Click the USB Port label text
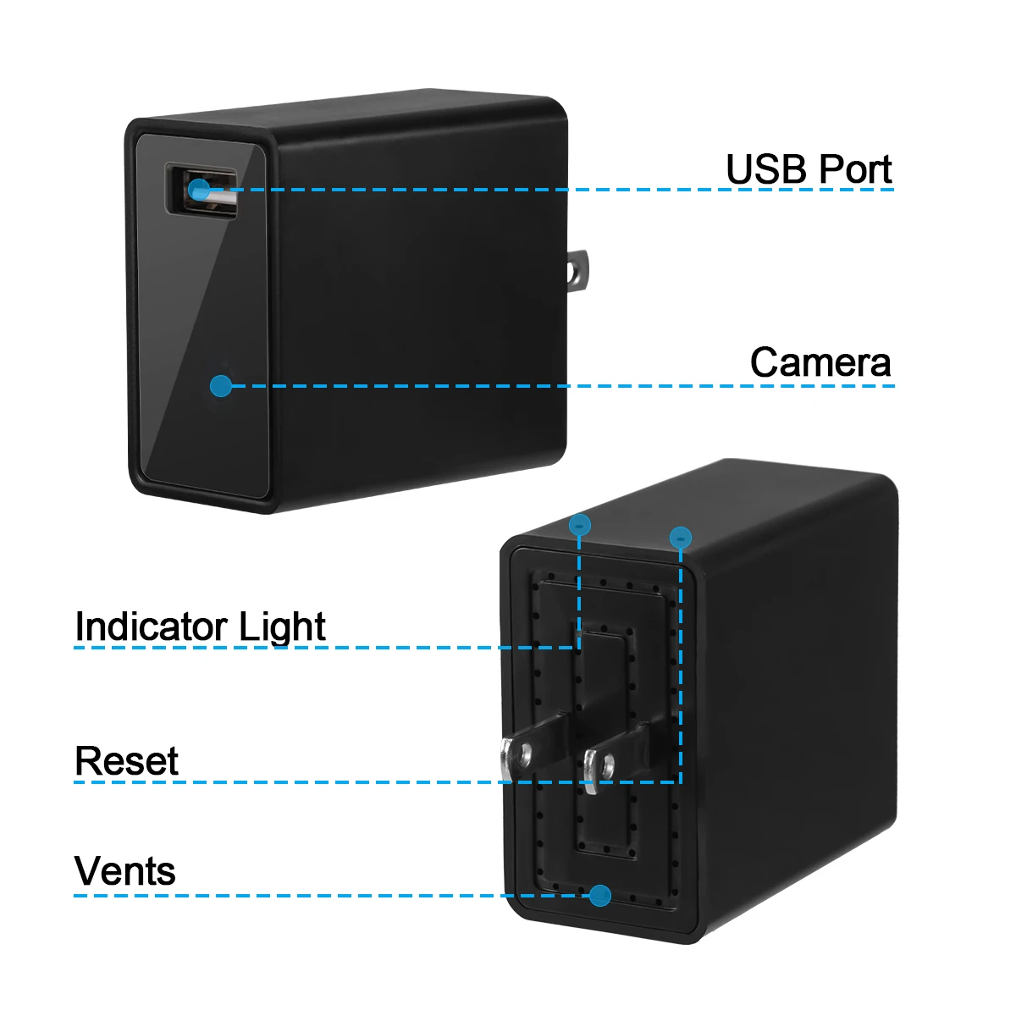pos(809,169)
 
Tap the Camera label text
pos(820,362)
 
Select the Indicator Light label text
pos(200,627)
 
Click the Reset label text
pos(126,760)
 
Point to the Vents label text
pos(125,870)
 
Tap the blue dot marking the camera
pos(221,386)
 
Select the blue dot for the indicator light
pos(579,525)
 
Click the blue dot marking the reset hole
pos(681,537)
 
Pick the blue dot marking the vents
pos(601,895)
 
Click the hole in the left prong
pos(525,751)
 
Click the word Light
pos(282,627)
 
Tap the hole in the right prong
pos(606,764)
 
